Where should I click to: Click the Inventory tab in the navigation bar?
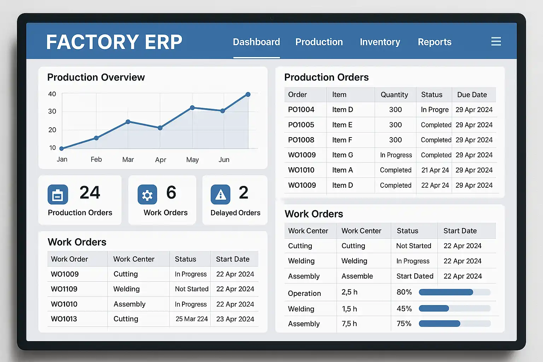coord(380,42)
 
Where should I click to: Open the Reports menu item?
coord(434,42)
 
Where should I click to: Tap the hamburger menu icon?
coord(496,42)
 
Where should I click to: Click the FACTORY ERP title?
coord(114,42)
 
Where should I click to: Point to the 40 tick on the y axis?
coord(52,94)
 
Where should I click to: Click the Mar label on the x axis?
coord(128,159)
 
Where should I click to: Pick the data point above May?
coord(192,107)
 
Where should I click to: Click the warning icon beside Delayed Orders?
coord(221,194)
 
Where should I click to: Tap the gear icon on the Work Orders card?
coord(147,194)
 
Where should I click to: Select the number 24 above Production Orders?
coord(90,193)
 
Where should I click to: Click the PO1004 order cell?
coord(301,110)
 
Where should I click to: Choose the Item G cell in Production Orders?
coord(343,155)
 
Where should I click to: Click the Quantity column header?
coord(394,95)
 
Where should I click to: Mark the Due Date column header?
coord(472,95)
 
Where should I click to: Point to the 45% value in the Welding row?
coord(404,309)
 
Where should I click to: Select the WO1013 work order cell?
coord(64,319)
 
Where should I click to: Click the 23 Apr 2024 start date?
coord(235,319)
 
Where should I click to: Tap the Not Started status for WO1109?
coord(192,289)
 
